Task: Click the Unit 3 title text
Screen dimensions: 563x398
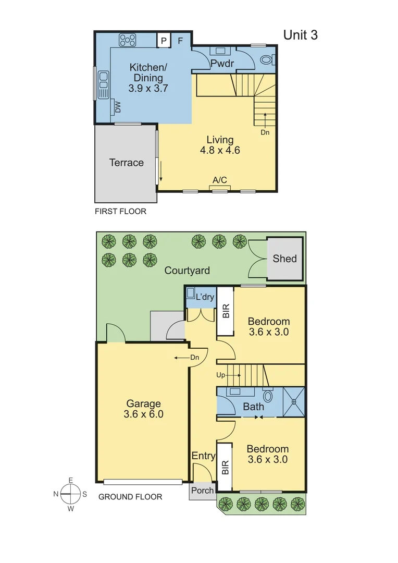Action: (300, 35)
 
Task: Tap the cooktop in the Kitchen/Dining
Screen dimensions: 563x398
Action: (127, 40)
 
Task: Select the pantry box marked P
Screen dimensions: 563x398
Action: (164, 40)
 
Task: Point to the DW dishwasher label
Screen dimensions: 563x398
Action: (118, 107)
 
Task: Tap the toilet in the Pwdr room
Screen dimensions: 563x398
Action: (266, 59)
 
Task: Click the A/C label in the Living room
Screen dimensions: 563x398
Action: (219, 180)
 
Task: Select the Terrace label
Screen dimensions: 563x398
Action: (126, 163)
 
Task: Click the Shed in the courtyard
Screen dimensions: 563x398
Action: (284, 259)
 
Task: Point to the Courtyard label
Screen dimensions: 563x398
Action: (187, 271)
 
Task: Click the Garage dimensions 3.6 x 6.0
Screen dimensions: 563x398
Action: (143, 414)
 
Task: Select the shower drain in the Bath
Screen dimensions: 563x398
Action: (293, 402)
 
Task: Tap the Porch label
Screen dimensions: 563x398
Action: (202, 491)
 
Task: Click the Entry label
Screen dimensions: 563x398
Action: (203, 456)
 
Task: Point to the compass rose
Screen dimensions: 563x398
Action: (69, 494)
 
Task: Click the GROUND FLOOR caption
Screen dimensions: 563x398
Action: (130, 497)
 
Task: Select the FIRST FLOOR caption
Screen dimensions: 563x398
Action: (120, 212)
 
